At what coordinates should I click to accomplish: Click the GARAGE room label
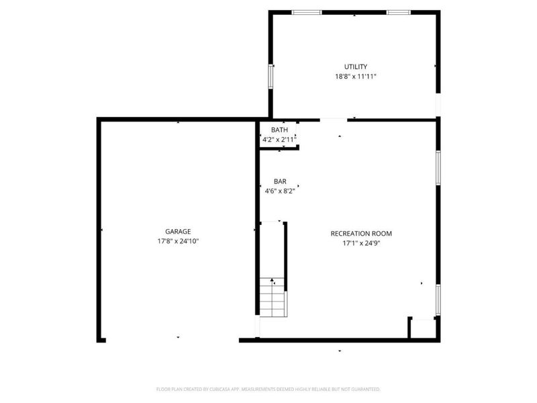pyautogui.click(x=178, y=231)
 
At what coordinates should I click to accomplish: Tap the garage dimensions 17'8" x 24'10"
pyautogui.click(x=178, y=240)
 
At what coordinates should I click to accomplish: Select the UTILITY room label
pyautogui.click(x=355, y=66)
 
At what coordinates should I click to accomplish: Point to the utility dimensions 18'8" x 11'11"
pyautogui.click(x=355, y=77)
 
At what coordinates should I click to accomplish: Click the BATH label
pyautogui.click(x=279, y=130)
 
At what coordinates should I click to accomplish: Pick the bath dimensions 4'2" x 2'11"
pyautogui.click(x=279, y=140)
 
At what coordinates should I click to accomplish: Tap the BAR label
pyautogui.click(x=280, y=181)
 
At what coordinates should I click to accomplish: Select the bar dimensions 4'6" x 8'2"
pyautogui.click(x=280, y=191)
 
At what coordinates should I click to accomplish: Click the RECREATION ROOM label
pyautogui.click(x=361, y=234)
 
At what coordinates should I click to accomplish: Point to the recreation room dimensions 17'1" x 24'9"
pyautogui.click(x=361, y=243)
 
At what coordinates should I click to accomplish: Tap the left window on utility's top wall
pyautogui.click(x=306, y=12)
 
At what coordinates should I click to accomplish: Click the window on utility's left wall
pyautogui.click(x=271, y=75)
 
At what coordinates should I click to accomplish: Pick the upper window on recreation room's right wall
pyautogui.click(x=438, y=166)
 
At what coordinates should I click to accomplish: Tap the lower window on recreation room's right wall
pyautogui.click(x=438, y=300)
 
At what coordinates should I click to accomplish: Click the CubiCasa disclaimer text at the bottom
pyautogui.click(x=268, y=389)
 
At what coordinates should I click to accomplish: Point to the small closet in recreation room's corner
pyautogui.click(x=422, y=328)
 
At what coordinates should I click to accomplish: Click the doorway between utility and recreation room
pyautogui.click(x=334, y=120)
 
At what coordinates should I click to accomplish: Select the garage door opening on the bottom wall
pyautogui.click(x=173, y=340)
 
